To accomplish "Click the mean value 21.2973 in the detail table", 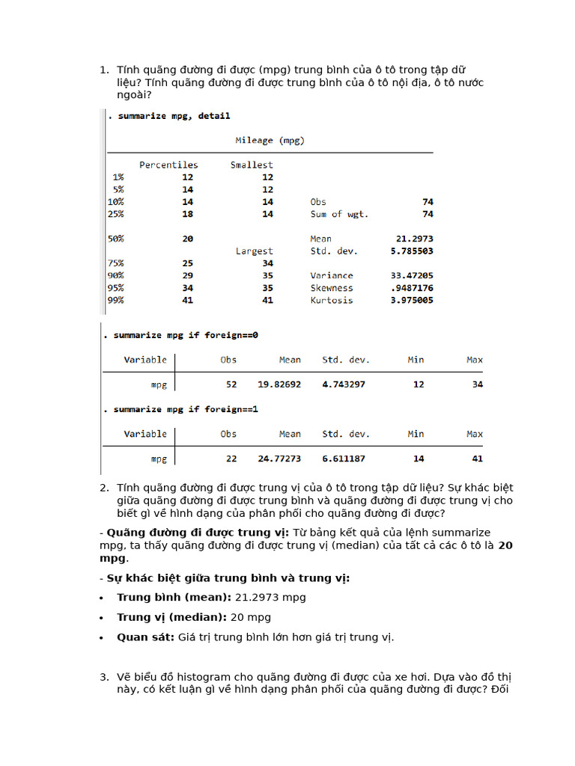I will point(415,239).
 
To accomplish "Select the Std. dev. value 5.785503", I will point(412,251).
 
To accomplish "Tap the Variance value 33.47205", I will point(412,275).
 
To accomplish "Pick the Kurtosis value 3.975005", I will point(412,301).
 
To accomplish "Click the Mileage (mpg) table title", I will point(270,141).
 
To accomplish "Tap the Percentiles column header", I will point(168,165).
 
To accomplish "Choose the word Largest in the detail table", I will point(255,251).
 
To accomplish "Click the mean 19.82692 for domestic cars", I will point(279,384).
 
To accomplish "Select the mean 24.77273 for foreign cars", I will point(279,459).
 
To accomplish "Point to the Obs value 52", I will point(231,384).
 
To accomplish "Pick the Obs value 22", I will point(231,459).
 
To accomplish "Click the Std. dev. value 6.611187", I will point(344,459).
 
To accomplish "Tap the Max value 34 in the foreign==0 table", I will point(476,384).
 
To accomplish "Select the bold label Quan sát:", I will point(145,637).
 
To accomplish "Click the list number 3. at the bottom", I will point(105,677).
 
